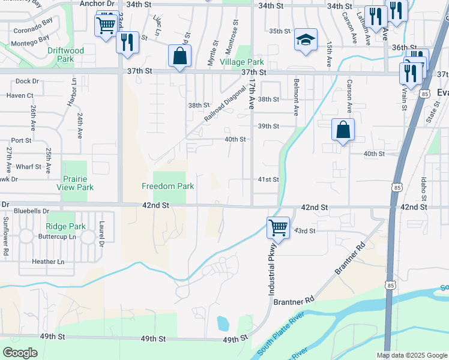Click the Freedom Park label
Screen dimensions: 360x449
pyautogui.click(x=167, y=186)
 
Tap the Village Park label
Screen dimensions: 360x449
pyautogui.click(x=242, y=62)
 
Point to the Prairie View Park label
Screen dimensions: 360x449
pyautogui.click(x=77, y=183)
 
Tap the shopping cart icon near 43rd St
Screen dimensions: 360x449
pyautogui.click(x=278, y=227)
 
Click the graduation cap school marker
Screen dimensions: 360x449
pyautogui.click(x=306, y=40)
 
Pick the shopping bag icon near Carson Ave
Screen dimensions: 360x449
pyautogui.click(x=343, y=129)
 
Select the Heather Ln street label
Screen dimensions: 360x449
pyautogui.click(x=48, y=262)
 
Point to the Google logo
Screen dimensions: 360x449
pyautogui.click(x=19, y=353)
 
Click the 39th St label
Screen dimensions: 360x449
pyautogui.click(x=268, y=126)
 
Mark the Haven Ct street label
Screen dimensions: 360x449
pyautogui.click(x=20, y=95)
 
